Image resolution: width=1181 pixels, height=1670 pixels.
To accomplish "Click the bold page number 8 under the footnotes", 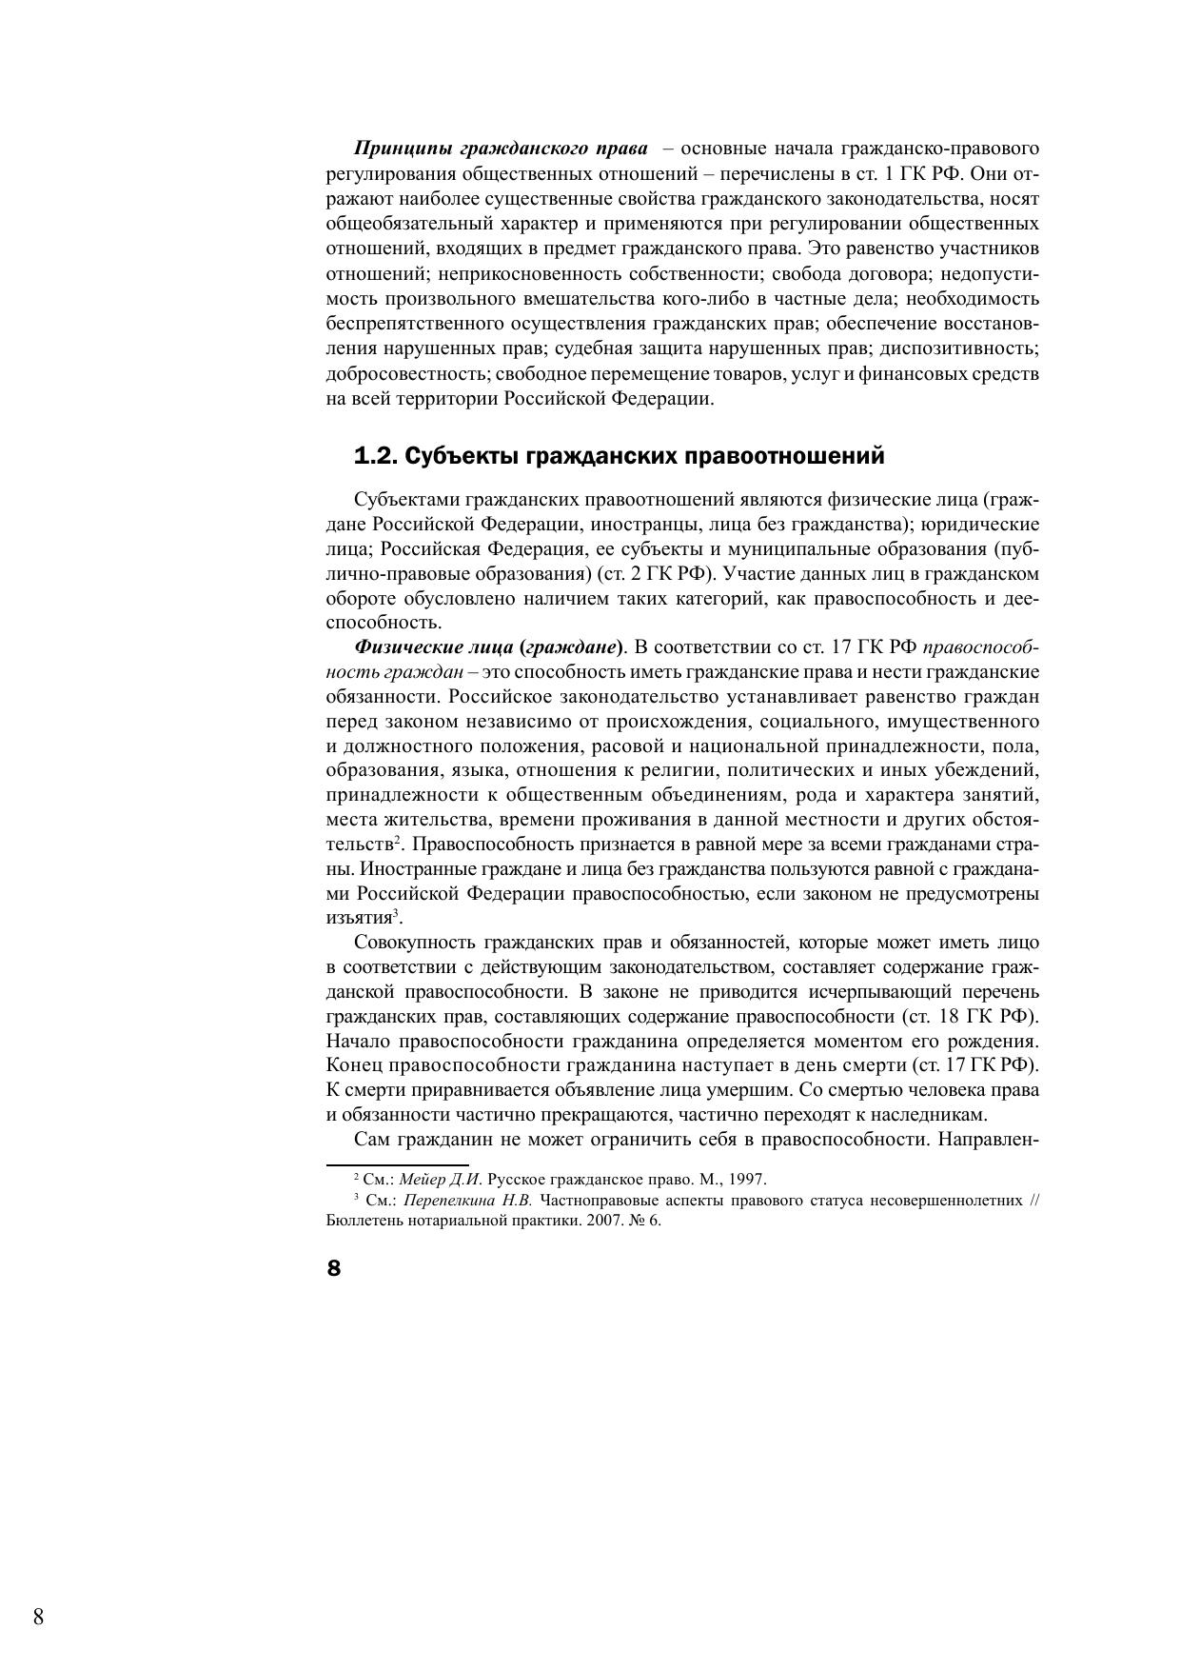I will [x=333, y=1268].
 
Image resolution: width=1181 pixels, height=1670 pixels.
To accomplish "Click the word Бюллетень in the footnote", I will [x=364, y=1221].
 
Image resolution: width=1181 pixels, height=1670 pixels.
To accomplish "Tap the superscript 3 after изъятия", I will [x=397, y=913].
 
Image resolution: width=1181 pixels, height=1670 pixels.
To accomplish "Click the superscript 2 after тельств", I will [x=401, y=840].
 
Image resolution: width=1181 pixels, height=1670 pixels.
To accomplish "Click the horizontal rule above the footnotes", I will [x=397, y=1163].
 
